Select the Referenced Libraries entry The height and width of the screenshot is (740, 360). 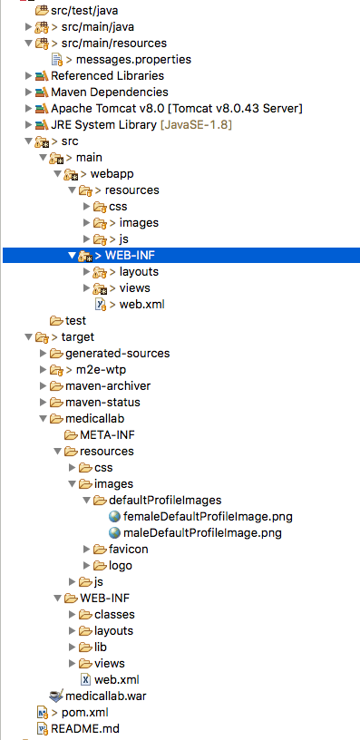[108, 75]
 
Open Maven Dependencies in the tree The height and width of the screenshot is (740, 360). [110, 92]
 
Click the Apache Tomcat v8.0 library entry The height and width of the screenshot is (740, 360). [177, 108]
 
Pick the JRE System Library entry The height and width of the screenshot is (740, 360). [141, 124]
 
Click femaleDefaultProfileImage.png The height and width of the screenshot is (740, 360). [208, 516]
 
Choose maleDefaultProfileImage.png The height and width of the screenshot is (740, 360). [202, 533]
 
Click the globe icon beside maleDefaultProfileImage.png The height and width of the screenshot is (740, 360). [114, 533]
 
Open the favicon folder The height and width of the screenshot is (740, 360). [129, 549]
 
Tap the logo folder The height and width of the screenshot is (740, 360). [121, 565]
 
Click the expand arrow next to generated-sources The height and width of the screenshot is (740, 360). [43, 353]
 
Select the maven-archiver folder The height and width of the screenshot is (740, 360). [108, 385]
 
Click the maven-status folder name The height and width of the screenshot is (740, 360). [102, 402]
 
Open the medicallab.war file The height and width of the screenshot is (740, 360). [106, 696]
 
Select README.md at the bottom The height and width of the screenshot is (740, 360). [85, 728]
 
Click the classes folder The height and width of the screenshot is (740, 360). [114, 614]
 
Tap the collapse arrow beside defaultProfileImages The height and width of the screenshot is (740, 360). [86, 501]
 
